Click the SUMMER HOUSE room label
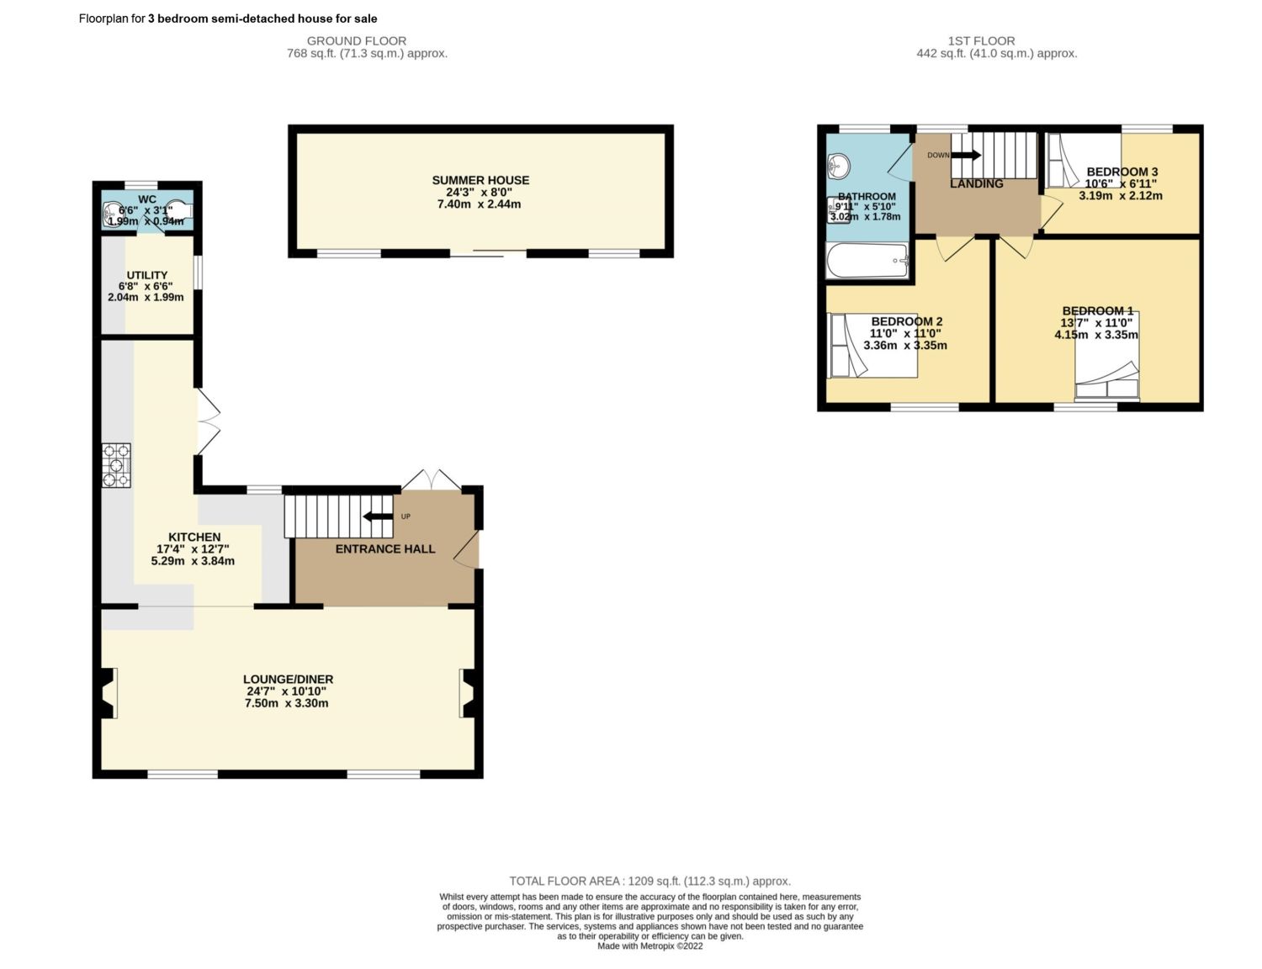[480, 180]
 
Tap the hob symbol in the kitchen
[117, 465]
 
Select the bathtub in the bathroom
[867, 262]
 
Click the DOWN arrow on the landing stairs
[966, 155]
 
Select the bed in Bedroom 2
[872, 345]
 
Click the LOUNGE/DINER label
[288, 679]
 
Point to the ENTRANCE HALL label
[385, 549]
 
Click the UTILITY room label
[147, 275]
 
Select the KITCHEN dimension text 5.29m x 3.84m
[193, 561]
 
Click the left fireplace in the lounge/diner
[108, 692]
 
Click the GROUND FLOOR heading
[357, 40]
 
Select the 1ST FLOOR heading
[981, 40]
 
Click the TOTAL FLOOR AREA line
[650, 882]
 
